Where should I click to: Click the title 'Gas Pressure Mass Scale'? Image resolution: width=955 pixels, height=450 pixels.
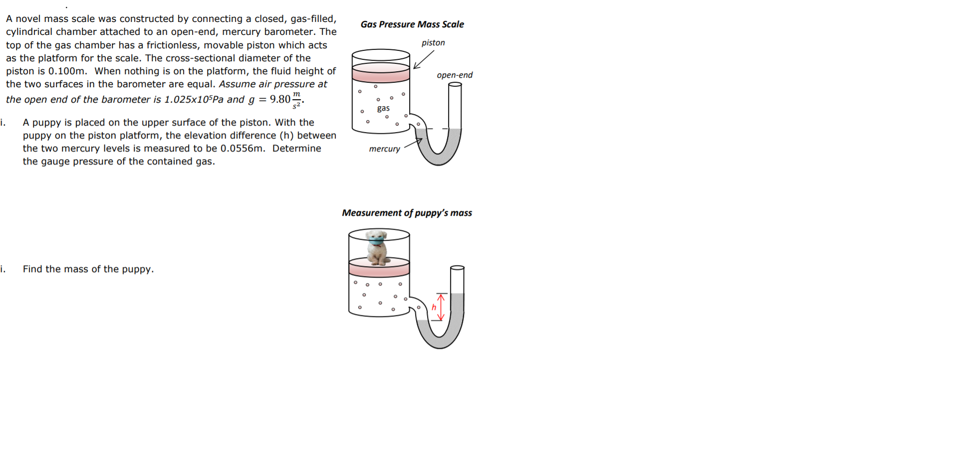coord(412,24)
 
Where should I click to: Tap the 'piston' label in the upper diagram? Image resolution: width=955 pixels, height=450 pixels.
coord(433,43)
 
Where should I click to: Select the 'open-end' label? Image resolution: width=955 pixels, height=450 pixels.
coord(454,75)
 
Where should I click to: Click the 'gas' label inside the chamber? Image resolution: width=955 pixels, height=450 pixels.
coord(383,108)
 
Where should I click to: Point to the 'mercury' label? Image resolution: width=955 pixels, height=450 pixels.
coord(384,149)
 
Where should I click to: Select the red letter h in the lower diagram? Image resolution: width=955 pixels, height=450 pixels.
coord(434,307)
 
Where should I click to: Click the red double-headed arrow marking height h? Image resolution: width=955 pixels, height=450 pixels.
coord(441,307)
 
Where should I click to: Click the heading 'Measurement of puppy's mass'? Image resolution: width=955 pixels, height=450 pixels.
coord(407,213)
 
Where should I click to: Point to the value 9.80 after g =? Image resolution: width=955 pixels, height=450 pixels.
coord(280,99)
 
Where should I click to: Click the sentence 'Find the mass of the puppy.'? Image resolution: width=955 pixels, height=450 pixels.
coord(88,269)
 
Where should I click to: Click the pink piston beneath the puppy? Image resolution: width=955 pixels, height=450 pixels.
coord(379,268)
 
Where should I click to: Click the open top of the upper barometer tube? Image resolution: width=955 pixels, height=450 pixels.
coord(455,84)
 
